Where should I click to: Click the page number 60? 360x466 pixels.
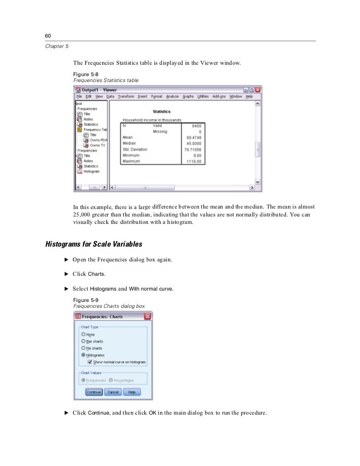[48, 36]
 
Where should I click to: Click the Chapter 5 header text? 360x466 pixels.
[57, 46]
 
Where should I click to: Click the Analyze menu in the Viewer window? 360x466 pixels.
[172, 96]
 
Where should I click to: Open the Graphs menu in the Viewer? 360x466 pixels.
[188, 96]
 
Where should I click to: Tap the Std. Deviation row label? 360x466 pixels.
[135, 149]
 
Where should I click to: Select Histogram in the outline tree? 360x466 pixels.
[91, 171]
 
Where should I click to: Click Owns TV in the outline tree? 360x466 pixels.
[97, 145]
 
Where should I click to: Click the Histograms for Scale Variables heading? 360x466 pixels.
[93, 244]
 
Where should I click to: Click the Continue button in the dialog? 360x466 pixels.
[93, 392]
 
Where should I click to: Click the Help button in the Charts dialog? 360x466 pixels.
[132, 392]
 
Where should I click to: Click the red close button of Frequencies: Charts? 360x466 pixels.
[147, 316]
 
